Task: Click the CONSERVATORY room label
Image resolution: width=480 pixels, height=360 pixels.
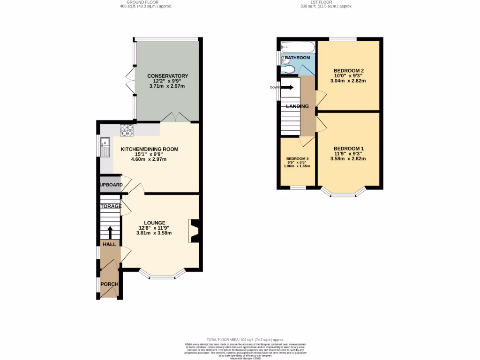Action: pyautogui.click(x=167, y=76)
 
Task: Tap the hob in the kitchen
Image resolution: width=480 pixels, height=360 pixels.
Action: pyautogui.click(x=127, y=129)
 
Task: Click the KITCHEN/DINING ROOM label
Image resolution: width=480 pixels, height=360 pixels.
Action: pyautogui.click(x=149, y=149)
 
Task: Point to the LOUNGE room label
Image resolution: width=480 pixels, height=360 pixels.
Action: pyautogui.click(x=154, y=223)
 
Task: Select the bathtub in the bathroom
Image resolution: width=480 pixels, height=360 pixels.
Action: pyautogui.click(x=298, y=47)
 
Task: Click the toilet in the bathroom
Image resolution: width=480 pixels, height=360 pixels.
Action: pyautogui.click(x=289, y=69)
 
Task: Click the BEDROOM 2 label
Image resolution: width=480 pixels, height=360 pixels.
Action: pyautogui.click(x=348, y=71)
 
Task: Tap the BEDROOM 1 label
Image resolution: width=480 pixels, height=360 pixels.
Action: pyautogui.click(x=349, y=149)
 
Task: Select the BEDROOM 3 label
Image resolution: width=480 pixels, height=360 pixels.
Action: pyautogui.click(x=297, y=158)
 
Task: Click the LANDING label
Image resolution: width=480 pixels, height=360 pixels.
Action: pyautogui.click(x=298, y=106)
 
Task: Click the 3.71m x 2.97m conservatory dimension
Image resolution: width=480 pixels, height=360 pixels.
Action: pyautogui.click(x=167, y=86)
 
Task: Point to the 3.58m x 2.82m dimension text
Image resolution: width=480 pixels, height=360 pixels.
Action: pyautogui.click(x=349, y=159)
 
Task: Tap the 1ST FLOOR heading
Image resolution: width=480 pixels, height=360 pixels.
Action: pyautogui.click(x=326, y=2)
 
